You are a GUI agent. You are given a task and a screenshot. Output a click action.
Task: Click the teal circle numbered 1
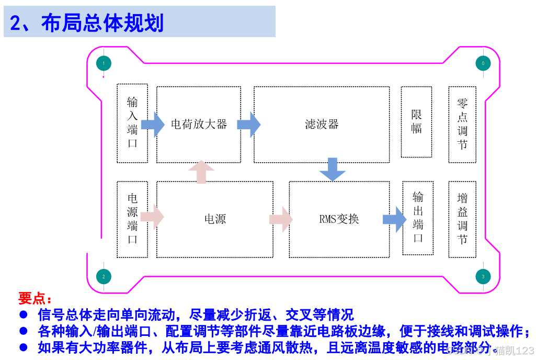(x=104, y=63)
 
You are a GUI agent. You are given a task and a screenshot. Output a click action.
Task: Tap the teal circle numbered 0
(x=483, y=63)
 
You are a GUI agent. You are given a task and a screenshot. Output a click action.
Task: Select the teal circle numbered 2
(x=104, y=276)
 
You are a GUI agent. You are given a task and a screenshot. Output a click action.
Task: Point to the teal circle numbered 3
(x=483, y=276)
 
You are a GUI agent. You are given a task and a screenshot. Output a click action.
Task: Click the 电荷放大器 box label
(x=199, y=125)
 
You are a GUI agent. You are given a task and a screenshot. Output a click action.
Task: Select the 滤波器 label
(x=322, y=125)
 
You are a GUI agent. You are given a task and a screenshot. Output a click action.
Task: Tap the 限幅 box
(x=416, y=122)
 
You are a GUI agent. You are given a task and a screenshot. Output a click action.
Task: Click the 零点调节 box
(x=462, y=124)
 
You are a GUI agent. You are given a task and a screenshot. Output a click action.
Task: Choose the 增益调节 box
(x=462, y=219)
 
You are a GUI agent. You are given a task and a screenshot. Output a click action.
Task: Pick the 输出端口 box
(x=418, y=218)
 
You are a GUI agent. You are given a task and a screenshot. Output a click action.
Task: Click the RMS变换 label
(x=339, y=219)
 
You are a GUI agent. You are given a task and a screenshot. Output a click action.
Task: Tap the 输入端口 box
(x=132, y=122)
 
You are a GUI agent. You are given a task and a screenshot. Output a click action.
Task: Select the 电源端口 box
(x=132, y=219)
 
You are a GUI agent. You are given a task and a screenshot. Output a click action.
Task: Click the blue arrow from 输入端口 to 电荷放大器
(x=152, y=125)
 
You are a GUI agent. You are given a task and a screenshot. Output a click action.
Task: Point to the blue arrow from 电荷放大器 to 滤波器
(x=248, y=125)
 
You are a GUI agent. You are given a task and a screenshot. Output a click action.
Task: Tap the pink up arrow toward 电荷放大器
(x=201, y=172)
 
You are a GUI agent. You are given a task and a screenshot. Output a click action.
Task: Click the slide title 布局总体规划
(x=102, y=23)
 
